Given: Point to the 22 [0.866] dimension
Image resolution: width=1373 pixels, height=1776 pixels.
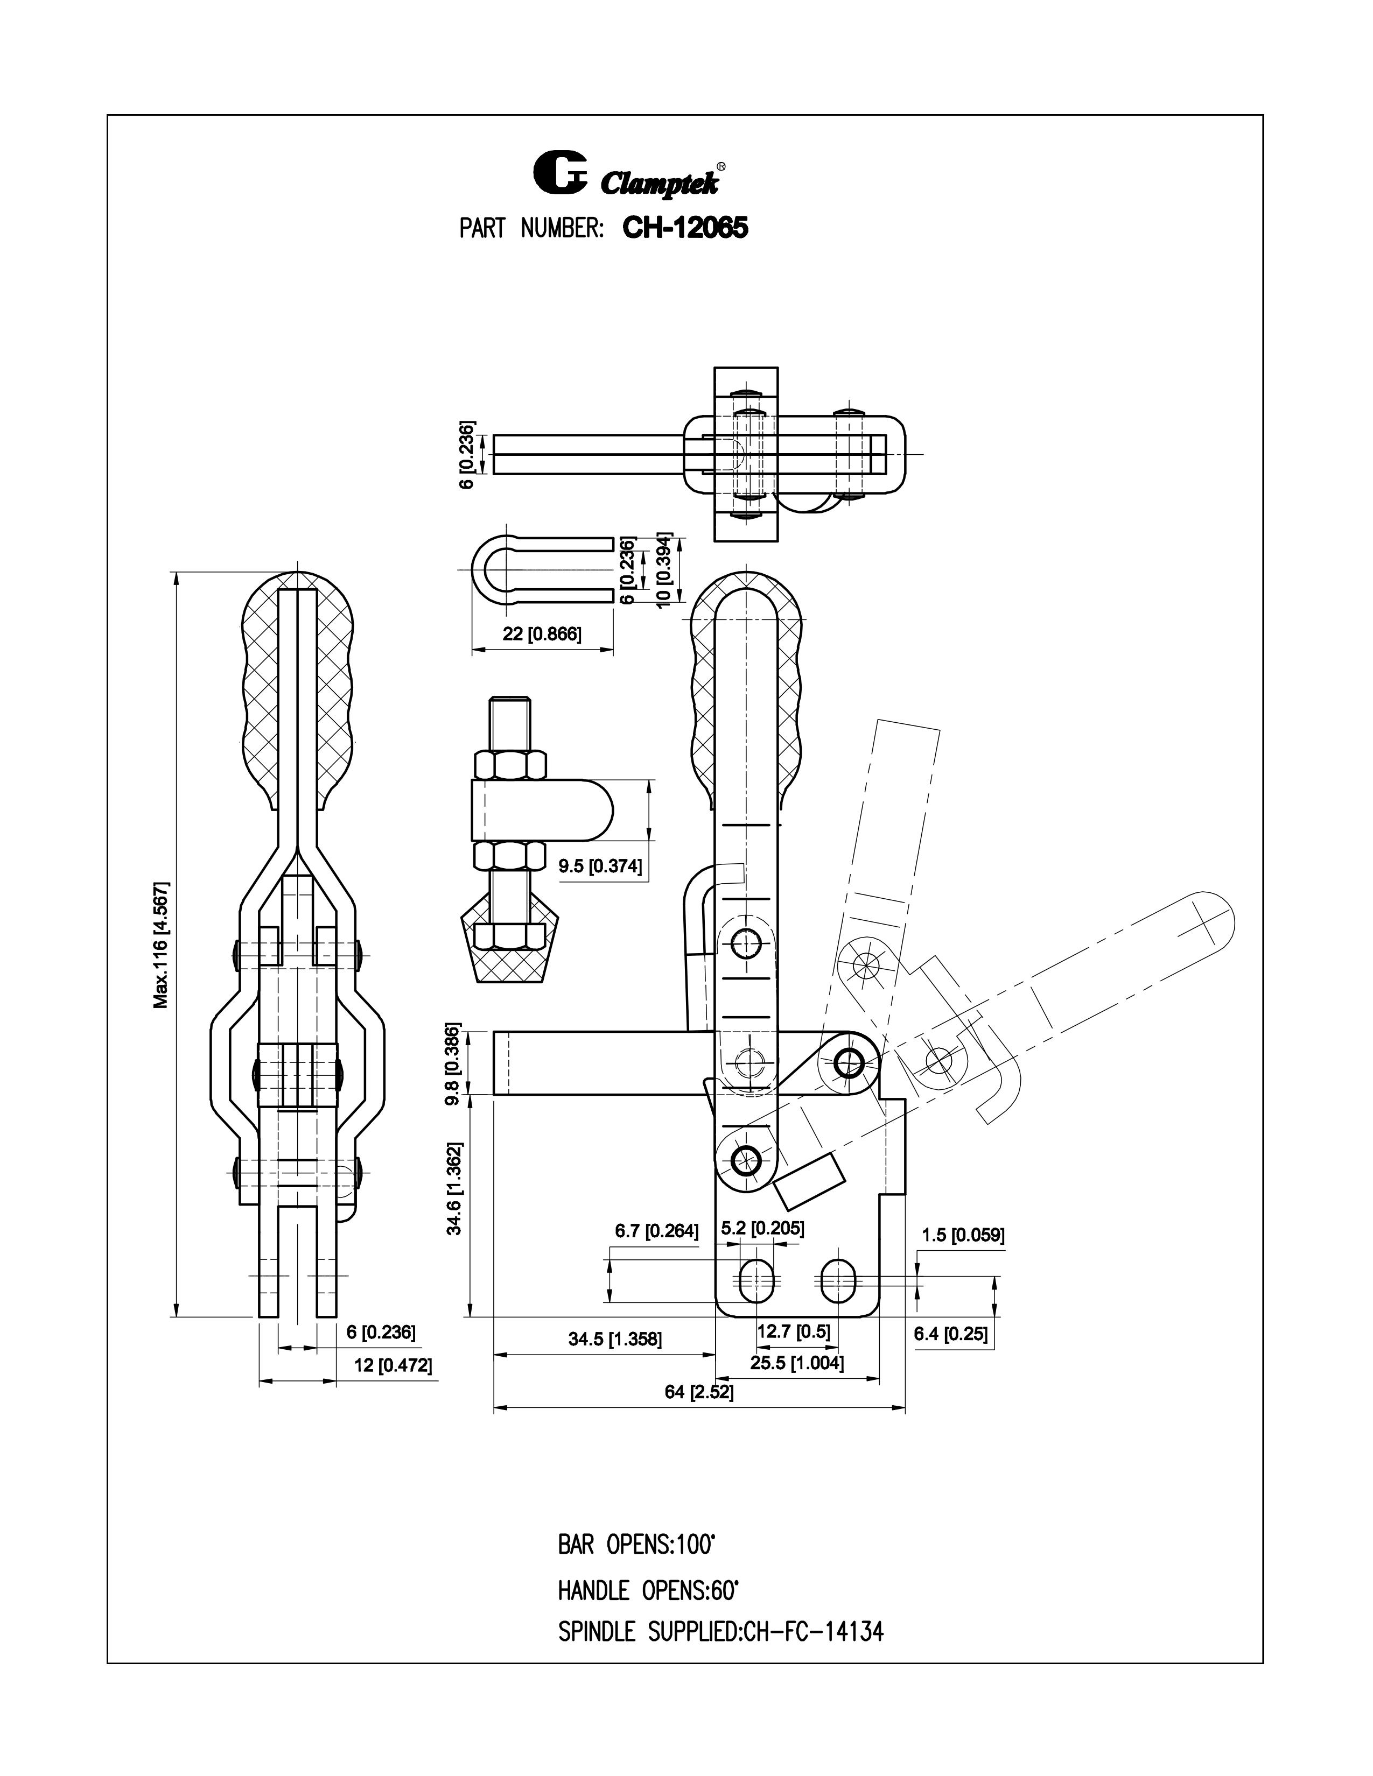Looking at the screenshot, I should (x=542, y=635).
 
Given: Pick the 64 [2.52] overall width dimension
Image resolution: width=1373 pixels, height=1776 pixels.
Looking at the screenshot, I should (x=699, y=1392).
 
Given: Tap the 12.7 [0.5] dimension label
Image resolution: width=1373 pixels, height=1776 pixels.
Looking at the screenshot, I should (x=793, y=1331).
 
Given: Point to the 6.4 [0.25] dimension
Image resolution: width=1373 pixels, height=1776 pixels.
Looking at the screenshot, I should (x=950, y=1334).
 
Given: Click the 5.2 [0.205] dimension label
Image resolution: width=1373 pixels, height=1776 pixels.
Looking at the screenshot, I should (x=762, y=1228).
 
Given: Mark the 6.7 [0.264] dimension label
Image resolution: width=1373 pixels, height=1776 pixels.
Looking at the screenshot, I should (x=656, y=1231).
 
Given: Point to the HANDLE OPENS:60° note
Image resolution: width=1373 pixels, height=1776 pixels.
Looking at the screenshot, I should (x=647, y=1590).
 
